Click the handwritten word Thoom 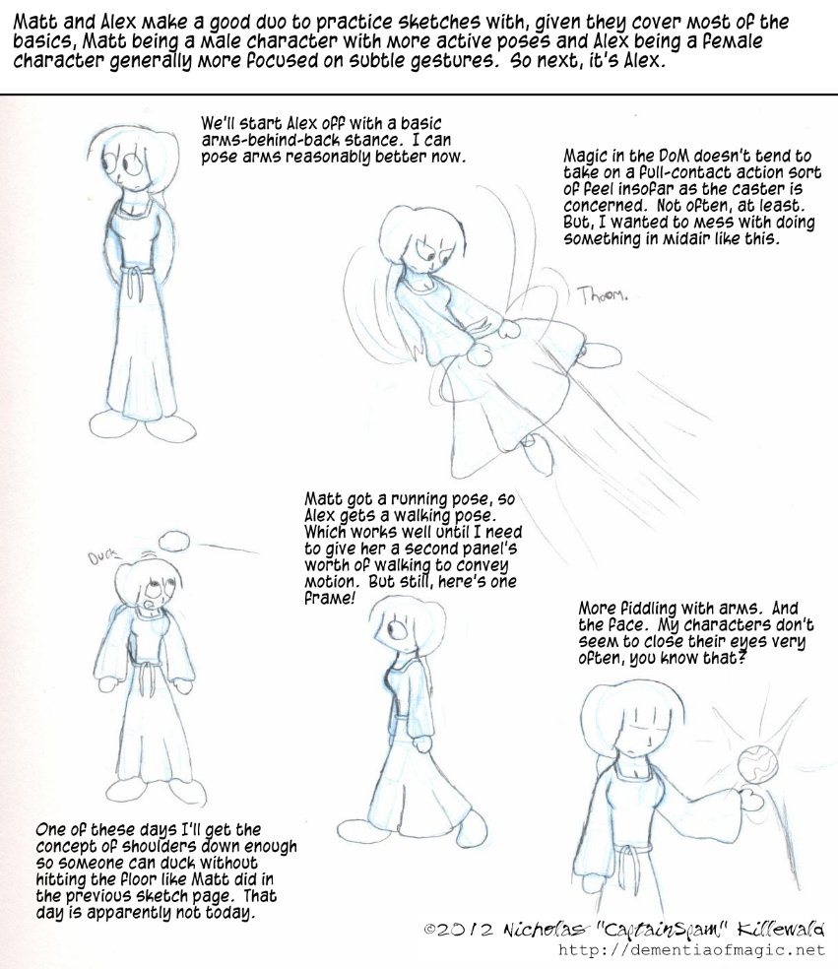(602, 295)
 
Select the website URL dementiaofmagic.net (691, 949)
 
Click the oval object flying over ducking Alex (174, 541)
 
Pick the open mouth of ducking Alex (146, 600)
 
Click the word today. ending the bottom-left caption (232, 913)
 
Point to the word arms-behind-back (267, 140)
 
